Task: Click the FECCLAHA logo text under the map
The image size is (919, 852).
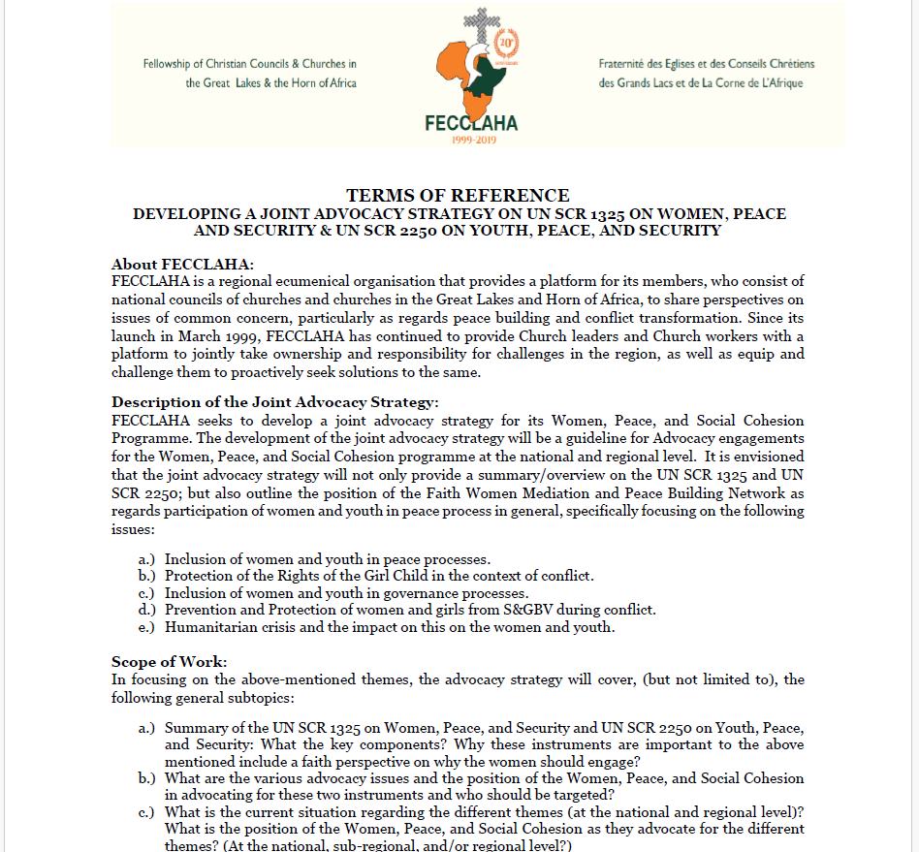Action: point(471,123)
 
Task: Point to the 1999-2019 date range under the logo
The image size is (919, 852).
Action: point(471,141)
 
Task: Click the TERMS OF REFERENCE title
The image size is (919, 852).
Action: point(458,195)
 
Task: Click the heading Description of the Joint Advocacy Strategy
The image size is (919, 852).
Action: point(276,402)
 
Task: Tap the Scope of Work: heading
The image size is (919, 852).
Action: point(170,662)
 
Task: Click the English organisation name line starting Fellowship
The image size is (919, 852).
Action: point(249,64)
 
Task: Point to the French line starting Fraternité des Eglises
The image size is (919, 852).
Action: point(707,64)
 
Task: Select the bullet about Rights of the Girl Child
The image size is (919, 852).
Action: point(378,576)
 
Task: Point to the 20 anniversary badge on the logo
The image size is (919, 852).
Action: point(505,45)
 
